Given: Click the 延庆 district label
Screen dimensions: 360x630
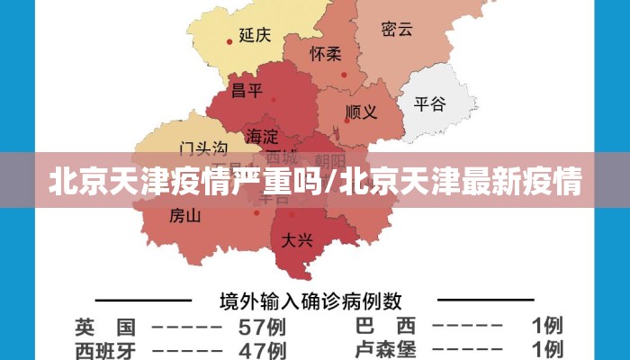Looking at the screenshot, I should pos(255,35).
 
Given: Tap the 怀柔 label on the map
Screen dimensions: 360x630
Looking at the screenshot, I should pos(326,54).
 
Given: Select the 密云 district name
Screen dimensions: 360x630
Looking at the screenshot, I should pos(397,29).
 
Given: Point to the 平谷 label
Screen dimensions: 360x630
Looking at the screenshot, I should pos(429,103).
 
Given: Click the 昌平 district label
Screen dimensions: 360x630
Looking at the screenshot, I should pos(247,90).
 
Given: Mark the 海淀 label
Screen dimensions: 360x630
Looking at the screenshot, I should pos(263,137).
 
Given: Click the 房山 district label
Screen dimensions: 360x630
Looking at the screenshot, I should pos(185,216).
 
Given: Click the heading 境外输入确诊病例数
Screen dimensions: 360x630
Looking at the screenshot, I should pos(311,300).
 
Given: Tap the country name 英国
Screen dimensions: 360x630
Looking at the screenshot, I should pos(105,326).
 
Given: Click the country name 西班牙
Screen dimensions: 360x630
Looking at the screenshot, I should pos(105,349).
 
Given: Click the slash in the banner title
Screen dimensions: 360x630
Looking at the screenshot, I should pos(333,184).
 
